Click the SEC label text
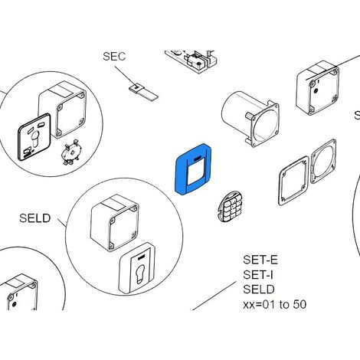114,57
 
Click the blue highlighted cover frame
181,174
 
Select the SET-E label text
260,260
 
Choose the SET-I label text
258,275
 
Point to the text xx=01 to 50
274,304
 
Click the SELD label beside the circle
35,218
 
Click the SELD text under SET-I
259,290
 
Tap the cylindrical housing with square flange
250,119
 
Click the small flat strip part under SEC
143,91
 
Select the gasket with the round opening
323,161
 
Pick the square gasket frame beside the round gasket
293,181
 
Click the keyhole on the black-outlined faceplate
34,140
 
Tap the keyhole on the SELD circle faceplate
140,274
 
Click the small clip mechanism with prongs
70,152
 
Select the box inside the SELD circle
115,223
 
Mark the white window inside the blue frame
195,174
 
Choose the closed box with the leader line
318,87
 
